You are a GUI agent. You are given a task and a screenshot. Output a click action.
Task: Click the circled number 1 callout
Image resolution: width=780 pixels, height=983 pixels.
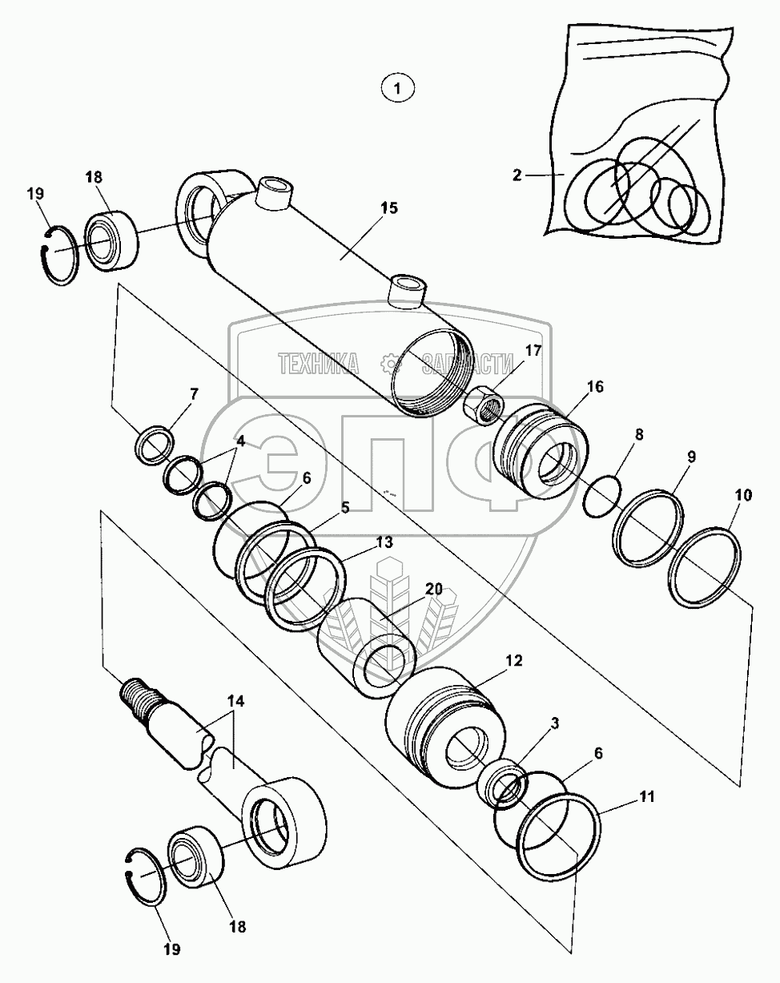tap(398, 87)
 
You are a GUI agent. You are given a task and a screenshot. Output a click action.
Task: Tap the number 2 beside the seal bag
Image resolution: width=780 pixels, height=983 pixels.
tap(517, 174)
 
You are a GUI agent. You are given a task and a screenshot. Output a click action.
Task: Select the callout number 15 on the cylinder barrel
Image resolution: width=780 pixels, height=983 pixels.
tap(388, 209)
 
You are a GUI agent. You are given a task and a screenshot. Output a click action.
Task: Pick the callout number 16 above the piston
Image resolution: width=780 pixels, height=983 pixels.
tap(594, 387)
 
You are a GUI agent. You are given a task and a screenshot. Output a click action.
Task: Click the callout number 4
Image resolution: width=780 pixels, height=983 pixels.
tap(239, 441)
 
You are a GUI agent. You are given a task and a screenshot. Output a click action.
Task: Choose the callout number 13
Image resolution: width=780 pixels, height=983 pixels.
tap(384, 542)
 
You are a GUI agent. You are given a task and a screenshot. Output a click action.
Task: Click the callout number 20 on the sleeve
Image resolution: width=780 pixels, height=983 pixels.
tap(433, 588)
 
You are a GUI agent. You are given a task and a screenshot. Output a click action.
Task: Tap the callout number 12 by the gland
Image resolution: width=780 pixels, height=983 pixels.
tap(513, 661)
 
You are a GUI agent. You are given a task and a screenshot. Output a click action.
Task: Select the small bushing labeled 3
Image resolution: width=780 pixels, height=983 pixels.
tap(502, 783)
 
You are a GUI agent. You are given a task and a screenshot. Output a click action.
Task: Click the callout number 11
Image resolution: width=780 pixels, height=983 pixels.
tap(647, 796)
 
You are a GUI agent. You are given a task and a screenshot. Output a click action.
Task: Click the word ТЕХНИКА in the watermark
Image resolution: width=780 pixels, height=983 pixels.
tap(319, 365)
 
